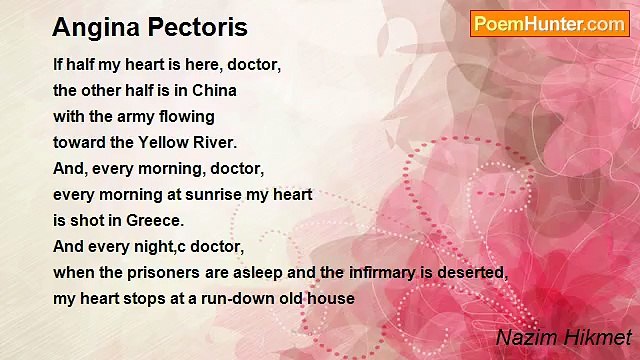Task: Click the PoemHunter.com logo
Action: coord(549,24)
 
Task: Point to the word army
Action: coord(138,116)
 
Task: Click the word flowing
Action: coord(188,116)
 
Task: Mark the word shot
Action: coord(87,220)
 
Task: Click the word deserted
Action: coord(475,272)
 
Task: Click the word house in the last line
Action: coord(334,298)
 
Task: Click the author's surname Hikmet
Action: coord(598,338)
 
